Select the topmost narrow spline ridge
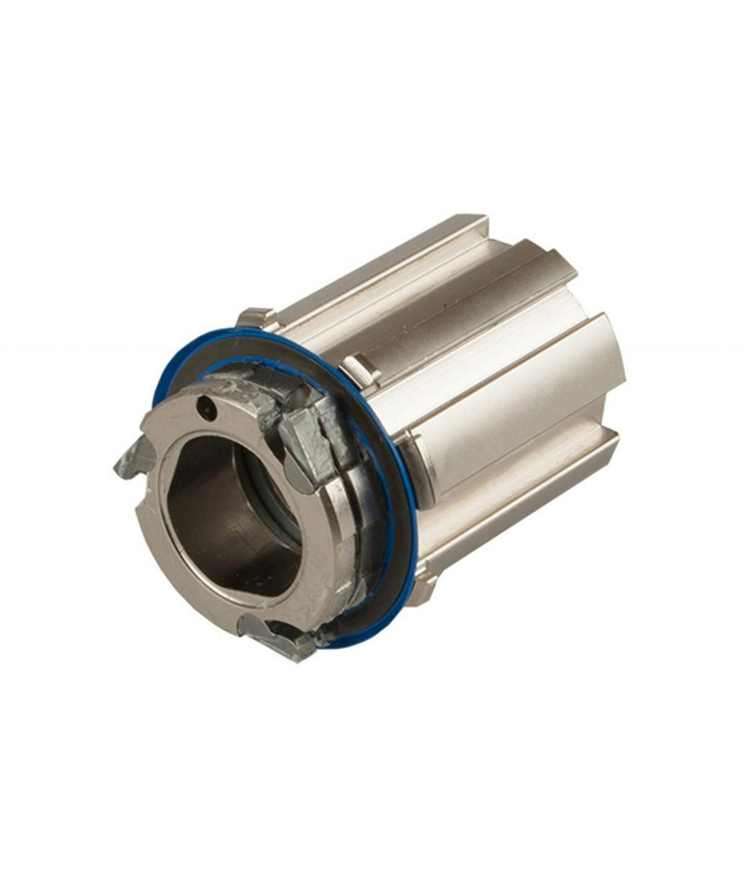click(392, 262)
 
